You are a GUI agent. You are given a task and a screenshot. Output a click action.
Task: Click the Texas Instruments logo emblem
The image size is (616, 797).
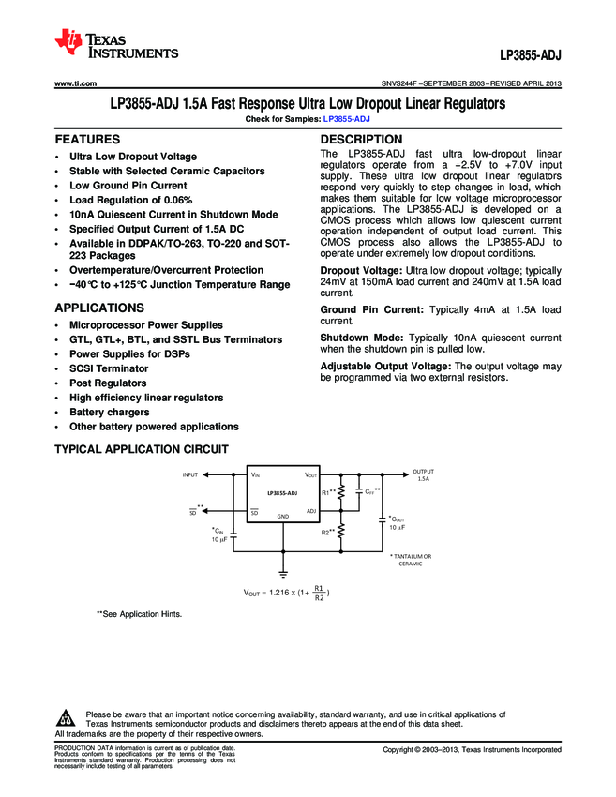pyautogui.click(x=69, y=41)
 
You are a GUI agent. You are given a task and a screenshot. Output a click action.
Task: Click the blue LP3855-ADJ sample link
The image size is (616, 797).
pyautogui.click(x=346, y=120)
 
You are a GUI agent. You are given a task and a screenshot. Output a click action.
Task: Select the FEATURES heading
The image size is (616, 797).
pyautogui.click(x=86, y=140)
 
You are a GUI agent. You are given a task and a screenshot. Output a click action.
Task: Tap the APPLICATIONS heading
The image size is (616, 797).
pyautogui.click(x=98, y=308)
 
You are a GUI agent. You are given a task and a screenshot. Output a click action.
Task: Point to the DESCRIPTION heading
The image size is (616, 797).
pyautogui.click(x=361, y=140)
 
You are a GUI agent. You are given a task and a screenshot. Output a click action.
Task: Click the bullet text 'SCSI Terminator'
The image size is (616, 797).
pyautogui.click(x=109, y=368)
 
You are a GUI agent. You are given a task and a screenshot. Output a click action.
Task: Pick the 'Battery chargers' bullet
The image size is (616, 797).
pyautogui.click(x=109, y=412)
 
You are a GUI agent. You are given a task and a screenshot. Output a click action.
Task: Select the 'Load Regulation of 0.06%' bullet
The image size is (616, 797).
pyautogui.click(x=130, y=200)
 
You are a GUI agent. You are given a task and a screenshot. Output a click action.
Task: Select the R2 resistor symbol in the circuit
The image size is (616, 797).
pyautogui.click(x=341, y=532)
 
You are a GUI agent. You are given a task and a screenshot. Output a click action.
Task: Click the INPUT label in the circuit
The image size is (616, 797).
pyautogui.click(x=190, y=475)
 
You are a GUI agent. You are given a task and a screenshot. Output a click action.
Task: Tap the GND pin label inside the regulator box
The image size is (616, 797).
pyautogui.click(x=282, y=517)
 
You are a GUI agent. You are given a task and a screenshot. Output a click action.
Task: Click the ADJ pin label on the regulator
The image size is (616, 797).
pyautogui.click(x=311, y=510)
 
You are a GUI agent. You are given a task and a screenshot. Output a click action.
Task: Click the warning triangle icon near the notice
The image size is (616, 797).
pyautogui.click(x=66, y=719)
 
